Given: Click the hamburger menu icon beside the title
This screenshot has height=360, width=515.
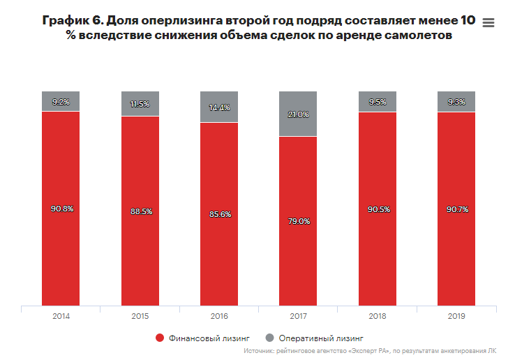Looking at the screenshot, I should point(488,23).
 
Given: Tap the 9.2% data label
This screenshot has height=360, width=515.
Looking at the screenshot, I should point(61,102).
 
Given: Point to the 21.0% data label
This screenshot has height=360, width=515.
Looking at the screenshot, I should point(298,114).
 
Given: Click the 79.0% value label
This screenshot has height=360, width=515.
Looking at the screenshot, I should point(298,221).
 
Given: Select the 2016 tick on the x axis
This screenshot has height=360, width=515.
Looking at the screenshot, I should point(219,316).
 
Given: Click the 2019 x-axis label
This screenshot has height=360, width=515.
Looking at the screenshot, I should point(456,316).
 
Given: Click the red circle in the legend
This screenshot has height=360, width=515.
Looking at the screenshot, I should point(160,338).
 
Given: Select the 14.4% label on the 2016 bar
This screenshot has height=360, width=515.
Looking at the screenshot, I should point(219,108).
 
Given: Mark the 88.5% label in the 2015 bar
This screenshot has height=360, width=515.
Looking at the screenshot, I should point(140,211).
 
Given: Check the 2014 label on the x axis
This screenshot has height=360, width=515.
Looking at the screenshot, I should point(61,316).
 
